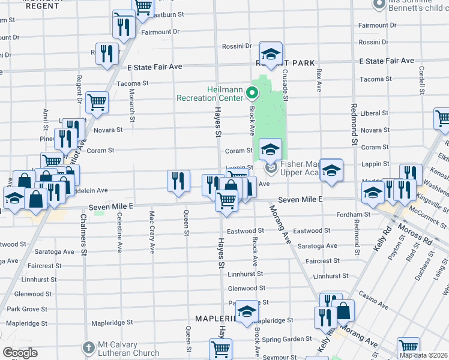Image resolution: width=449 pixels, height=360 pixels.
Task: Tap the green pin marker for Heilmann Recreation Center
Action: tap(252, 94)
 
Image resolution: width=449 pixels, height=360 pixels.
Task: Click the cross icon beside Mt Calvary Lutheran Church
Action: tap(89, 347)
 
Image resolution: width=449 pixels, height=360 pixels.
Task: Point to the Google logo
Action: tap(20, 353)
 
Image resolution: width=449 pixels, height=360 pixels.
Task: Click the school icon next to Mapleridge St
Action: tap(246, 311)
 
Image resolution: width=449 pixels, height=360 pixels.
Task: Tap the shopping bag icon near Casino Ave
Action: tap(343, 311)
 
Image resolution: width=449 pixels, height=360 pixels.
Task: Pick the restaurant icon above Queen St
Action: tap(178, 181)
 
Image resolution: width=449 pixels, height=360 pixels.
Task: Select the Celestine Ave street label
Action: tap(120, 232)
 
